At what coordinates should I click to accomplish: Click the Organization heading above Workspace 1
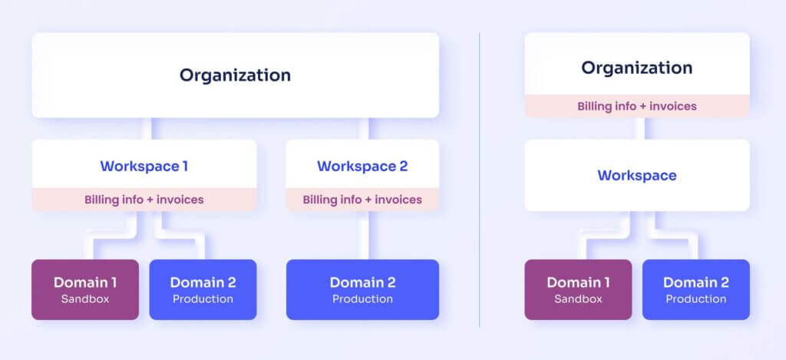[x=235, y=75]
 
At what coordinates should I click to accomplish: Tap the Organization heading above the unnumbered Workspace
[x=636, y=68]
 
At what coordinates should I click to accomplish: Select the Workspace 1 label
[x=144, y=166]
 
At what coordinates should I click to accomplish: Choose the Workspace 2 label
[x=362, y=166]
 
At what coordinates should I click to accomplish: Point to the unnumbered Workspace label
[x=636, y=176]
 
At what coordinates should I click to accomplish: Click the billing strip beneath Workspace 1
[x=144, y=200]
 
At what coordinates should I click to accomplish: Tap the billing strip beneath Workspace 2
[x=362, y=200]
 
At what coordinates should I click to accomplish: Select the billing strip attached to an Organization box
[x=636, y=106]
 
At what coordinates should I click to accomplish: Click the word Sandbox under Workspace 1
[x=85, y=299]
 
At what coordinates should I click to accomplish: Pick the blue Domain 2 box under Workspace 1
[x=203, y=289]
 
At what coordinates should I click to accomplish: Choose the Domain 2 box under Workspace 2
[x=362, y=289]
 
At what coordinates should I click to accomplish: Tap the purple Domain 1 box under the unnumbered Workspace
[x=579, y=289]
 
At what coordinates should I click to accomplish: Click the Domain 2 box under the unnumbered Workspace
[x=696, y=289]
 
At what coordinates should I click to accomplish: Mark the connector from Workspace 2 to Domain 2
[x=363, y=235]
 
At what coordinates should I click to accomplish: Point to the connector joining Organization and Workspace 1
[x=147, y=128]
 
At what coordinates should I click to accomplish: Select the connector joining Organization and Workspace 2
[x=363, y=128]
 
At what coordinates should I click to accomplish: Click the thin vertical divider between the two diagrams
[x=480, y=180]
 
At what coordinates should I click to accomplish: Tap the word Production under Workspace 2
[x=362, y=299]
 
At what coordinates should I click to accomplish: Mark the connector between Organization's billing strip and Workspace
[x=639, y=128]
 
